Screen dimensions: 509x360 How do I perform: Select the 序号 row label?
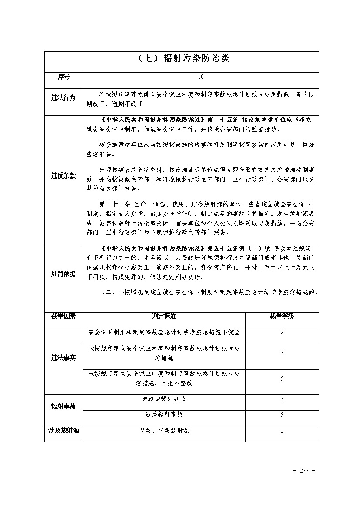[64, 77]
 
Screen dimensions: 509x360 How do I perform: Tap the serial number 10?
[200, 77]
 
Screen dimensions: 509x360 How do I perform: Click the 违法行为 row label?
[64, 98]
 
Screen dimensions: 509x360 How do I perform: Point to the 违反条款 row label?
[64, 176]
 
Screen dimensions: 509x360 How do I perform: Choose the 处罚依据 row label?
[64, 274]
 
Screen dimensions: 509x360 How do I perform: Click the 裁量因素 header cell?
[64, 317]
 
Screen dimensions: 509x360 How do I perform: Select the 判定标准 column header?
[164, 317]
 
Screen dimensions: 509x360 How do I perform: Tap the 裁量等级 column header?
[282, 317]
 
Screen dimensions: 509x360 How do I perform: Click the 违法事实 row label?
[64, 357]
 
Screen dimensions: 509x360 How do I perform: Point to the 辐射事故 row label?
[64, 406]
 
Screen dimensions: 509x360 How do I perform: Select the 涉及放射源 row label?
[64, 431]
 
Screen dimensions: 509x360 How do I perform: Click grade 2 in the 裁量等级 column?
[282, 333]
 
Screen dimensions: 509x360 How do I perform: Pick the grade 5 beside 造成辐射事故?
[282, 415]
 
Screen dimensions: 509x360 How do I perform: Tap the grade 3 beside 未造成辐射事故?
[282, 399]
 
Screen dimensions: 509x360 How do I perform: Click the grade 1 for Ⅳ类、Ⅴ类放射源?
[282, 431]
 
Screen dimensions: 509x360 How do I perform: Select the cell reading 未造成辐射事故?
[164, 399]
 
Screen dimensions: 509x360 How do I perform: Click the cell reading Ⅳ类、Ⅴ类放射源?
[164, 431]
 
